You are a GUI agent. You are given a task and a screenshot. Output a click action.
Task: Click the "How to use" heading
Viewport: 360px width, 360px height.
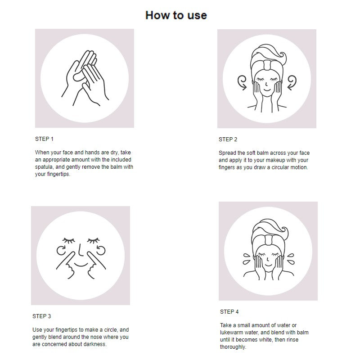click(x=176, y=15)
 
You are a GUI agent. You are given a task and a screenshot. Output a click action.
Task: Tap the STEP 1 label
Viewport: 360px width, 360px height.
click(x=44, y=139)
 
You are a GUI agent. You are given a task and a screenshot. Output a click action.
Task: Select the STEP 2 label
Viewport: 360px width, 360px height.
click(x=228, y=139)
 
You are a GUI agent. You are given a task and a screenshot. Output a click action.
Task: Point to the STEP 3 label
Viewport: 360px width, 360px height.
click(x=41, y=316)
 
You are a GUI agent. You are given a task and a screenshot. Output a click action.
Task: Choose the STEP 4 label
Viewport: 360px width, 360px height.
click(x=229, y=312)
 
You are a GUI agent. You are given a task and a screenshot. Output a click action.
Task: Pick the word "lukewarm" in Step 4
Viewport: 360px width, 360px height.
click(x=231, y=333)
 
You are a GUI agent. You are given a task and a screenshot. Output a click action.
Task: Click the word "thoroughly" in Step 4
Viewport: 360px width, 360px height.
click(x=233, y=347)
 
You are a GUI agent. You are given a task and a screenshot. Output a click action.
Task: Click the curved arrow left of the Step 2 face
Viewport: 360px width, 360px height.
click(x=242, y=83)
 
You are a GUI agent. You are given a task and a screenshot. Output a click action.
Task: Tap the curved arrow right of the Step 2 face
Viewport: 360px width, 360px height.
click(x=292, y=83)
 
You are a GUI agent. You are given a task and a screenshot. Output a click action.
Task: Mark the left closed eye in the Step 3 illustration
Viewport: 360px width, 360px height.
click(x=69, y=240)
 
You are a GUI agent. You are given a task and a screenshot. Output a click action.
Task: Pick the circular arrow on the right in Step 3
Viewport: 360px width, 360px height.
click(x=101, y=250)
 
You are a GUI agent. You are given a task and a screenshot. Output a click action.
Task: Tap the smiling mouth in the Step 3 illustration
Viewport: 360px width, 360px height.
click(x=81, y=265)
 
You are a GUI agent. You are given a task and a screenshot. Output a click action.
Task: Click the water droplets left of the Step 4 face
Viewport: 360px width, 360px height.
click(x=247, y=259)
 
